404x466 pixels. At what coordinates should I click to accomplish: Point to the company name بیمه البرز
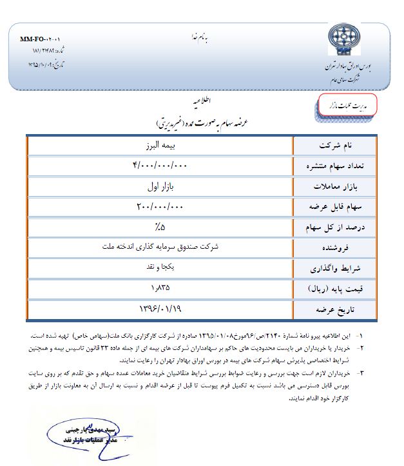pyautogui.click(x=160, y=145)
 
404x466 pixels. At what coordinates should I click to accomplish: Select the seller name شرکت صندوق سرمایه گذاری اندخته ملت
pyautogui.click(x=160, y=246)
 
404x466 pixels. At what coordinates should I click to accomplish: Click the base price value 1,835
pyautogui.click(x=160, y=287)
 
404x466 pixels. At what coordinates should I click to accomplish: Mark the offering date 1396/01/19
pyautogui.click(x=160, y=309)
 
